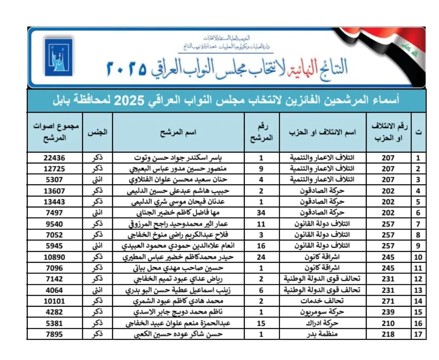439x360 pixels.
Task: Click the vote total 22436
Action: [x=54, y=158]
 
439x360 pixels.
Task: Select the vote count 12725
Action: [x=54, y=169]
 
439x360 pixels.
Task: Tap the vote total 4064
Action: [x=54, y=290]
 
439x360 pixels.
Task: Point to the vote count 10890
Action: [x=54, y=257]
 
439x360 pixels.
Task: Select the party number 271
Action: [x=388, y=301]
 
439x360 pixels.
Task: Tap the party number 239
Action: [x=388, y=312]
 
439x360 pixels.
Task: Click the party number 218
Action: [x=388, y=334]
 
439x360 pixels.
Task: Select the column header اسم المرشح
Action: [x=179, y=133]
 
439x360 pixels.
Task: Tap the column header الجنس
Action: [x=98, y=133]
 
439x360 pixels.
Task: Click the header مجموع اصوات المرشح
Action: [x=54, y=133]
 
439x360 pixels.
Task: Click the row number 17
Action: [x=418, y=334]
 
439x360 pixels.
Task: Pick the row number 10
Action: [x=418, y=257]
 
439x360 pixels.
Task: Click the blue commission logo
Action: [x=58, y=57]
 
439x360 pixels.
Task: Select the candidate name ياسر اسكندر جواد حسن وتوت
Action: [x=179, y=158]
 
